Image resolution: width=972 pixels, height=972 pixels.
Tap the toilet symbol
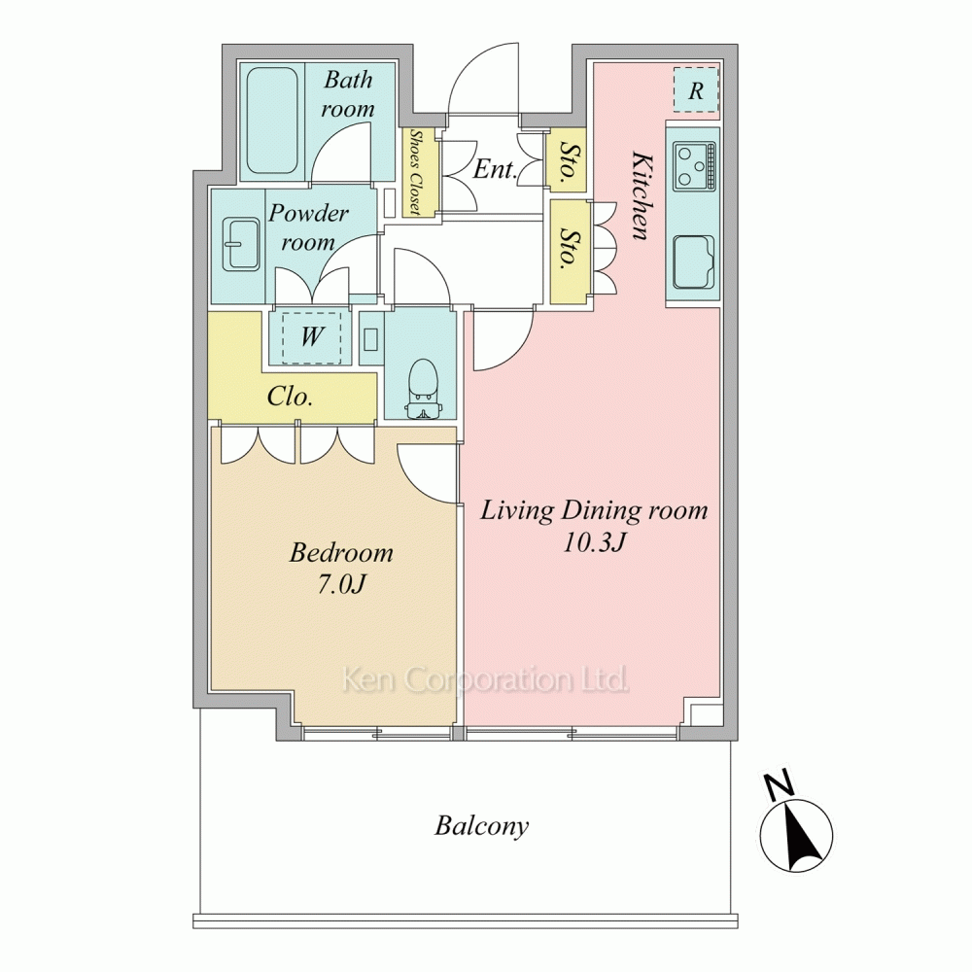pyautogui.click(x=424, y=389)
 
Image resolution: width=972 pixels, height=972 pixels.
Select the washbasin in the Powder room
pyautogui.click(x=240, y=244)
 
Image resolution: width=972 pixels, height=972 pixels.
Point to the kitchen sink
pyautogui.click(x=694, y=262)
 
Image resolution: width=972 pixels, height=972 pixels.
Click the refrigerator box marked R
pyautogui.click(x=696, y=89)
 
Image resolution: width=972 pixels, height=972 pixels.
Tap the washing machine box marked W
pyautogui.click(x=312, y=337)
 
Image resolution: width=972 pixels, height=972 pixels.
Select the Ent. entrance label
pyautogui.click(x=495, y=169)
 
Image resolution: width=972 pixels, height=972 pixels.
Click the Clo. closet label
pyautogui.click(x=290, y=397)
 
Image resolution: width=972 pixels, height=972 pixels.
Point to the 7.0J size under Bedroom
pyautogui.click(x=341, y=584)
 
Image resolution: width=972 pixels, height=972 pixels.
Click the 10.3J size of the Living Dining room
pyautogui.click(x=593, y=542)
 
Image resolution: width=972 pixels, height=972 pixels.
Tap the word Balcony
pyautogui.click(x=482, y=826)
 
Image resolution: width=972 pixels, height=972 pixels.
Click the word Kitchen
pyautogui.click(x=641, y=194)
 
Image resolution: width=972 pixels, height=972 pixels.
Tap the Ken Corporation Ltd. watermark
pyautogui.click(x=485, y=680)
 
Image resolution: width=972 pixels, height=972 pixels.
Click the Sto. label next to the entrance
pyautogui.click(x=567, y=160)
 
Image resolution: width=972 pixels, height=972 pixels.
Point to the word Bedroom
pyautogui.click(x=341, y=552)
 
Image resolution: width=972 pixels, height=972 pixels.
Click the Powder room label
pyautogui.click(x=308, y=227)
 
